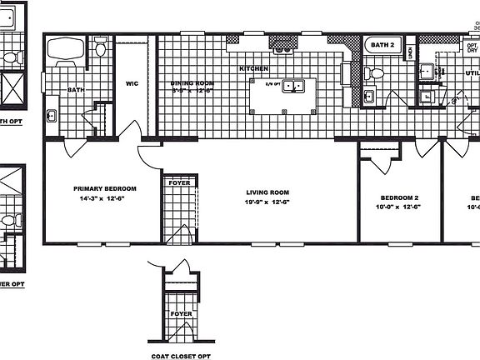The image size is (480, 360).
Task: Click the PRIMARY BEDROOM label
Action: [x=104, y=188]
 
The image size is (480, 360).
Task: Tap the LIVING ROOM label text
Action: [x=267, y=190]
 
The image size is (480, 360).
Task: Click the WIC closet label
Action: [x=132, y=82]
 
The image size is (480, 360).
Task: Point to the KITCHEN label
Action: [x=253, y=67]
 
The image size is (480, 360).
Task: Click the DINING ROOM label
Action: [x=193, y=83]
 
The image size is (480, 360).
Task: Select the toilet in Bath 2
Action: [x=376, y=73]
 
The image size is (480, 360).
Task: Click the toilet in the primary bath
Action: [x=101, y=48]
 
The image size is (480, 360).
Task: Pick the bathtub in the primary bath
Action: [x=63, y=52]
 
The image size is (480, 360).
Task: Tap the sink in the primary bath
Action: [x=52, y=114]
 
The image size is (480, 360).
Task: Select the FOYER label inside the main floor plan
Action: [x=177, y=182]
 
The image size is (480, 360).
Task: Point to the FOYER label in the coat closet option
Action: [x=181, y=314]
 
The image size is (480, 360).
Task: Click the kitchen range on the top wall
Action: [x=285, y=40]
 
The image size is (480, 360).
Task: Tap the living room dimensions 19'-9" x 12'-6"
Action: [x=267, y=202]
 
